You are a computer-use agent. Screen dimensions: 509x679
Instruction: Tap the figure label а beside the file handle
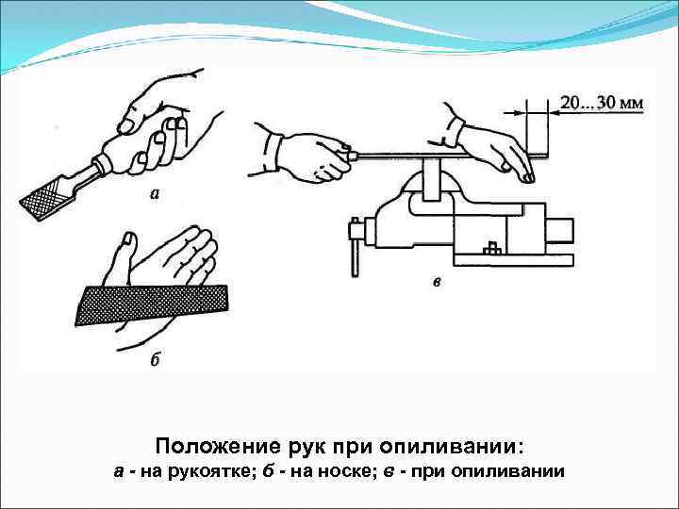click(154, 195)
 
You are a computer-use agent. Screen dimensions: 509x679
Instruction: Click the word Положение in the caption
click(209, 444)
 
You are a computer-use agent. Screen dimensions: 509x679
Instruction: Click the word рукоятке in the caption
click(212, 471)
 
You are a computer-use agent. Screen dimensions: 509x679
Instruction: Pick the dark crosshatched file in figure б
click(151, 304)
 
